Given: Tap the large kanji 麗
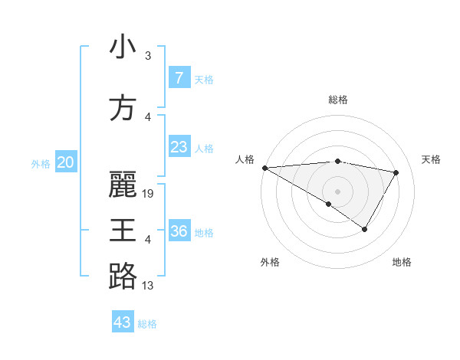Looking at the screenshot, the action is pyautogui.click(x=123, y=185).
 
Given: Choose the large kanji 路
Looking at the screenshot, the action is pyautogui.click(x=123, y=276).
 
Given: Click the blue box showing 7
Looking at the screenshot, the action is pyautogui.click(x=179, y=78).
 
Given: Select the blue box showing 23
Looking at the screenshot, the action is pyautogui.click(x=179, y=147).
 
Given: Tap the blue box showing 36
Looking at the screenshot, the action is pyautogui.click(x=179, y=231).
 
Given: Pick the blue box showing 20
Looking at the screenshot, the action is pyautogui.click(x=66, y=162).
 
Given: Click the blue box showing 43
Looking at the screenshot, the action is pyautogui.click(x=123, y=322).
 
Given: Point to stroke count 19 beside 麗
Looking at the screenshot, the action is pyautogui.click(x=149, y=194).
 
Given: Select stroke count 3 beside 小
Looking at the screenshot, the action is pyautogui.click(x=148, y=56).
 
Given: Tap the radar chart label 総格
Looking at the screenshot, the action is pyautogui.click(x=338, y=100).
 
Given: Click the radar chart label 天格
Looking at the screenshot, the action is pyautogui.click(x=431, y=159).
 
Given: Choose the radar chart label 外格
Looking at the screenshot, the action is pyautogui.click(x=270, y=262).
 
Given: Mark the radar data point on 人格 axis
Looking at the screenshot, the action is pyautogui.click(x=264, y=168).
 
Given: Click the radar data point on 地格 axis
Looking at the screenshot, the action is pyautogui.click(x=365, y=229).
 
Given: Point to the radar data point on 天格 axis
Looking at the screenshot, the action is pyautogui.click(x=396, y=172).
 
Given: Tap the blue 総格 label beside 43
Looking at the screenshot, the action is pyautogui.click(x=147, y=324).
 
